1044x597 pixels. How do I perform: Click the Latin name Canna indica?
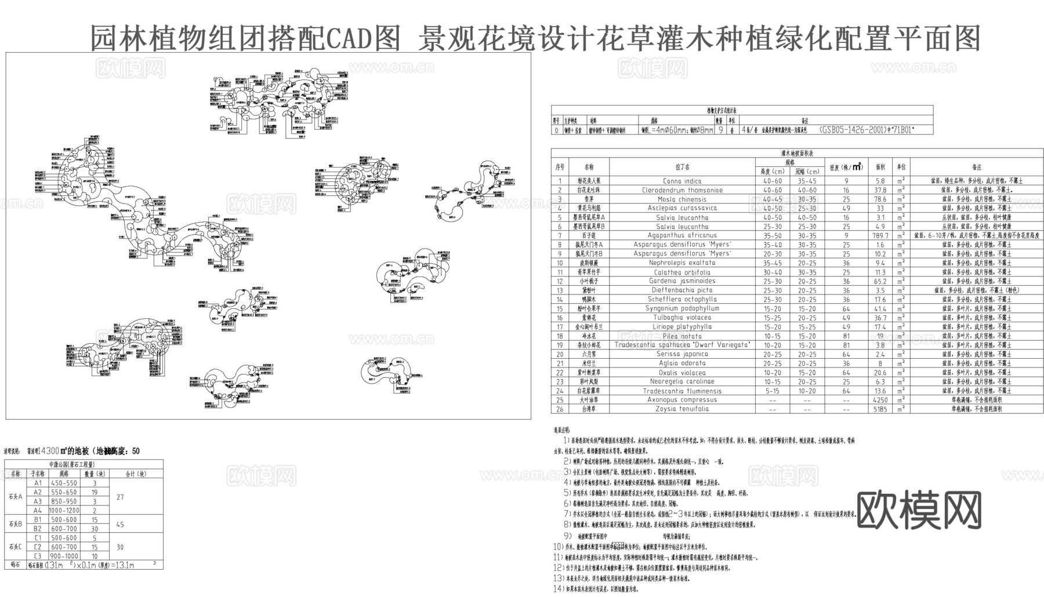click(x=681, y=181)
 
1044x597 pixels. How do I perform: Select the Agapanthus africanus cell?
click(x=681, y=235)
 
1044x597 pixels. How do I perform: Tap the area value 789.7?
click(x=880, y=236)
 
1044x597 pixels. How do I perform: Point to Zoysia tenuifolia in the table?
click(x=681, y=409)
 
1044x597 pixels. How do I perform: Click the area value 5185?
click(x=880, y=409)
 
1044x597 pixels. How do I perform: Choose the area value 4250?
click(x=880, y=400)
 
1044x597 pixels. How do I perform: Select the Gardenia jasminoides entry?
click(x=681, y=281)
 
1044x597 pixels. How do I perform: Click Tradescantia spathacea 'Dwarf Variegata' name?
click(x=682, y=345)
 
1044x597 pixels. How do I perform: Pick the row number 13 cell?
click(x=560, y=290)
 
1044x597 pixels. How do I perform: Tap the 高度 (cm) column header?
click(x=772, y=172)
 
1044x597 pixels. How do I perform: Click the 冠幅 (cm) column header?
click(x=807, y=172)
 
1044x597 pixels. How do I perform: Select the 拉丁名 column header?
click(x=681, y=167)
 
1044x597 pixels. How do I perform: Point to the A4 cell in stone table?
click(x=38, y=510)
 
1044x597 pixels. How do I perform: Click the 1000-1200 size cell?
click(x=64, y=510)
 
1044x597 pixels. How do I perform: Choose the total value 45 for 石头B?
click(x=120, y=524)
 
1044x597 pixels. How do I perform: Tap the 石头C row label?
click(x=16, y=547)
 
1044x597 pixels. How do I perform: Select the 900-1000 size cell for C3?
click(x=64, y=556)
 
